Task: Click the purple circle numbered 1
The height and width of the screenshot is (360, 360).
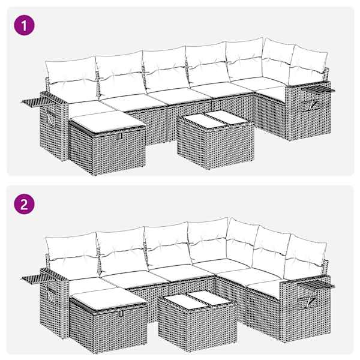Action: (x=25, y=25)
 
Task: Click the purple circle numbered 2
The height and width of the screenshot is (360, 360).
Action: (x=25, y=204)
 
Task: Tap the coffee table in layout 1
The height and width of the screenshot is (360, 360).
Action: (x=215, y=139)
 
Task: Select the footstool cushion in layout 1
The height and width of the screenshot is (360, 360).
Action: (x=107, y=122)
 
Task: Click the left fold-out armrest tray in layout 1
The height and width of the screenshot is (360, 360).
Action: (x=38, y=101)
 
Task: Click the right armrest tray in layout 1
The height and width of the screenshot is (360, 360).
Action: (x=318, y=89)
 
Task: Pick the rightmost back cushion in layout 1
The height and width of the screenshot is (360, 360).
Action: (x=308, y=65)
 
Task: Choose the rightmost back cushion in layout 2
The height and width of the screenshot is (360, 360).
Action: (x=305, y=256)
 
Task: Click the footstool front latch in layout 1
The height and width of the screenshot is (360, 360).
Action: (x=119, y=136)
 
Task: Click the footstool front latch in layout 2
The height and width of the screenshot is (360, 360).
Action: (x=121, y=314)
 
